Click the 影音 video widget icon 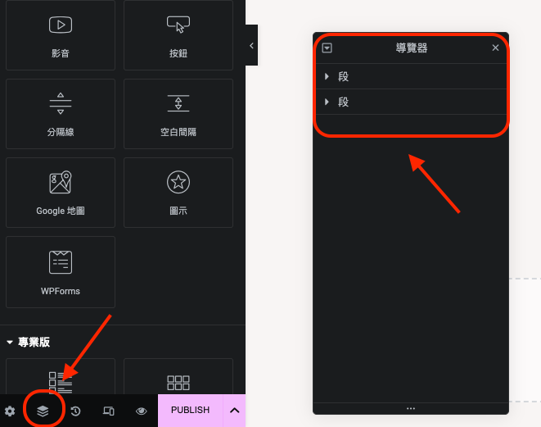tap(61, 25)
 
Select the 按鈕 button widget tap(178, 35)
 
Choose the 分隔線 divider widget tap(61, 114)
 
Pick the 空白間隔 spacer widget tap(178, 114)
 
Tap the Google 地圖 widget tap(61, 193)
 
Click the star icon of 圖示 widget tap(178, 182)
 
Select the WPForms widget tap(61, 272)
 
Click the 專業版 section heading tap(34, 342)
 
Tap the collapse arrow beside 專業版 tap(10, 343)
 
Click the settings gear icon tap(10, 411)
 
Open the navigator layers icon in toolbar tap(43, 411)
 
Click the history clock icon tap(75, 411)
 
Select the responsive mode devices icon tap(109, 411)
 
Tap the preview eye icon tap(142, 411)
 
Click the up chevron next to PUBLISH tap(235, 411)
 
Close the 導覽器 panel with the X tap(495, 48)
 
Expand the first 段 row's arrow tap(327, 76)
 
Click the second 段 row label tap(343, 102)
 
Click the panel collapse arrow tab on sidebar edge tap(251, 45)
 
